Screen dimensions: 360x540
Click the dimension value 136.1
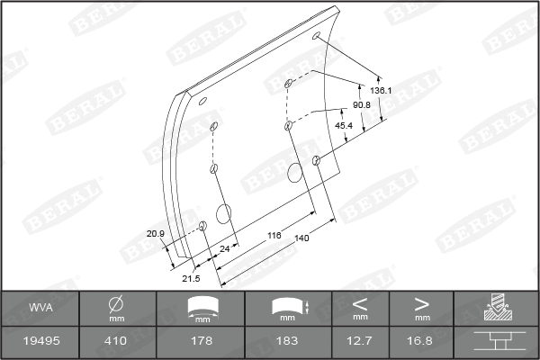(381, 91)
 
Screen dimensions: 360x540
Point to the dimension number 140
(301, 238)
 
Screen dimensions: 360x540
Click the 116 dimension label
(274, 234)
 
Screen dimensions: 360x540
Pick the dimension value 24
(224, 247)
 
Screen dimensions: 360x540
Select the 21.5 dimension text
(191, 278)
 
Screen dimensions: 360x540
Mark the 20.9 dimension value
(155, 234)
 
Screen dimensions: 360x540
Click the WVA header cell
(40, 308)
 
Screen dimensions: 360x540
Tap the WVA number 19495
(40, 342)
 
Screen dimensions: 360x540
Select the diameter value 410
(116, 342)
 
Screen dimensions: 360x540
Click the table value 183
(288, 342)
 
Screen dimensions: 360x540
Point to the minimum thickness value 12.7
(360, 342)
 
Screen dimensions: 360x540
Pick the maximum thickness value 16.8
(421, 342)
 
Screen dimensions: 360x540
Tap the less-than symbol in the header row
(360, 302)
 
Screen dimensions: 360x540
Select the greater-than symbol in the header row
(421, 302)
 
